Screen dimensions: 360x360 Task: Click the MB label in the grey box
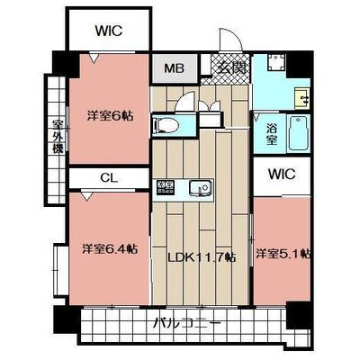click(x=174, y=68)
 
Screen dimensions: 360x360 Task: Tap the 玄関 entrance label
click(x=231, y=67)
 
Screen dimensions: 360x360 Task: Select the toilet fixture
click(x=165, y=124)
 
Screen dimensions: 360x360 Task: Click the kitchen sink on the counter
click(x=199, y=188)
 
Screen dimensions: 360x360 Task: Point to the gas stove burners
click(x=166, y=186)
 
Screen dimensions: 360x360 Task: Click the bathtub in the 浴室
click(x=298, y=134)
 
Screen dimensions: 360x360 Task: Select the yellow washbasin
click(x=302, y=98)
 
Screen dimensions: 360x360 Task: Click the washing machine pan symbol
click(x=275, y=63)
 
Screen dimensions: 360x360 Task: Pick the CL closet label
click(x=109, y=178)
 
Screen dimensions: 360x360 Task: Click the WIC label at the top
click(x=109, y=31)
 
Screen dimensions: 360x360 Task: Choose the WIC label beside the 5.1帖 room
click(x=282, y=175)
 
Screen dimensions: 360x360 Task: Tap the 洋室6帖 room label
click(x=110, y=115)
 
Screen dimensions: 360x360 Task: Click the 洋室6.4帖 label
click(x=110, y=248)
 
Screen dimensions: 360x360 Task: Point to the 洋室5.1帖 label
click(x=283, y=254)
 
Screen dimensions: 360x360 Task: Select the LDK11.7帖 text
click(x=201, y=256)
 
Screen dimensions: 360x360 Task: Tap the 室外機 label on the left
click(x=58, y=137)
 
